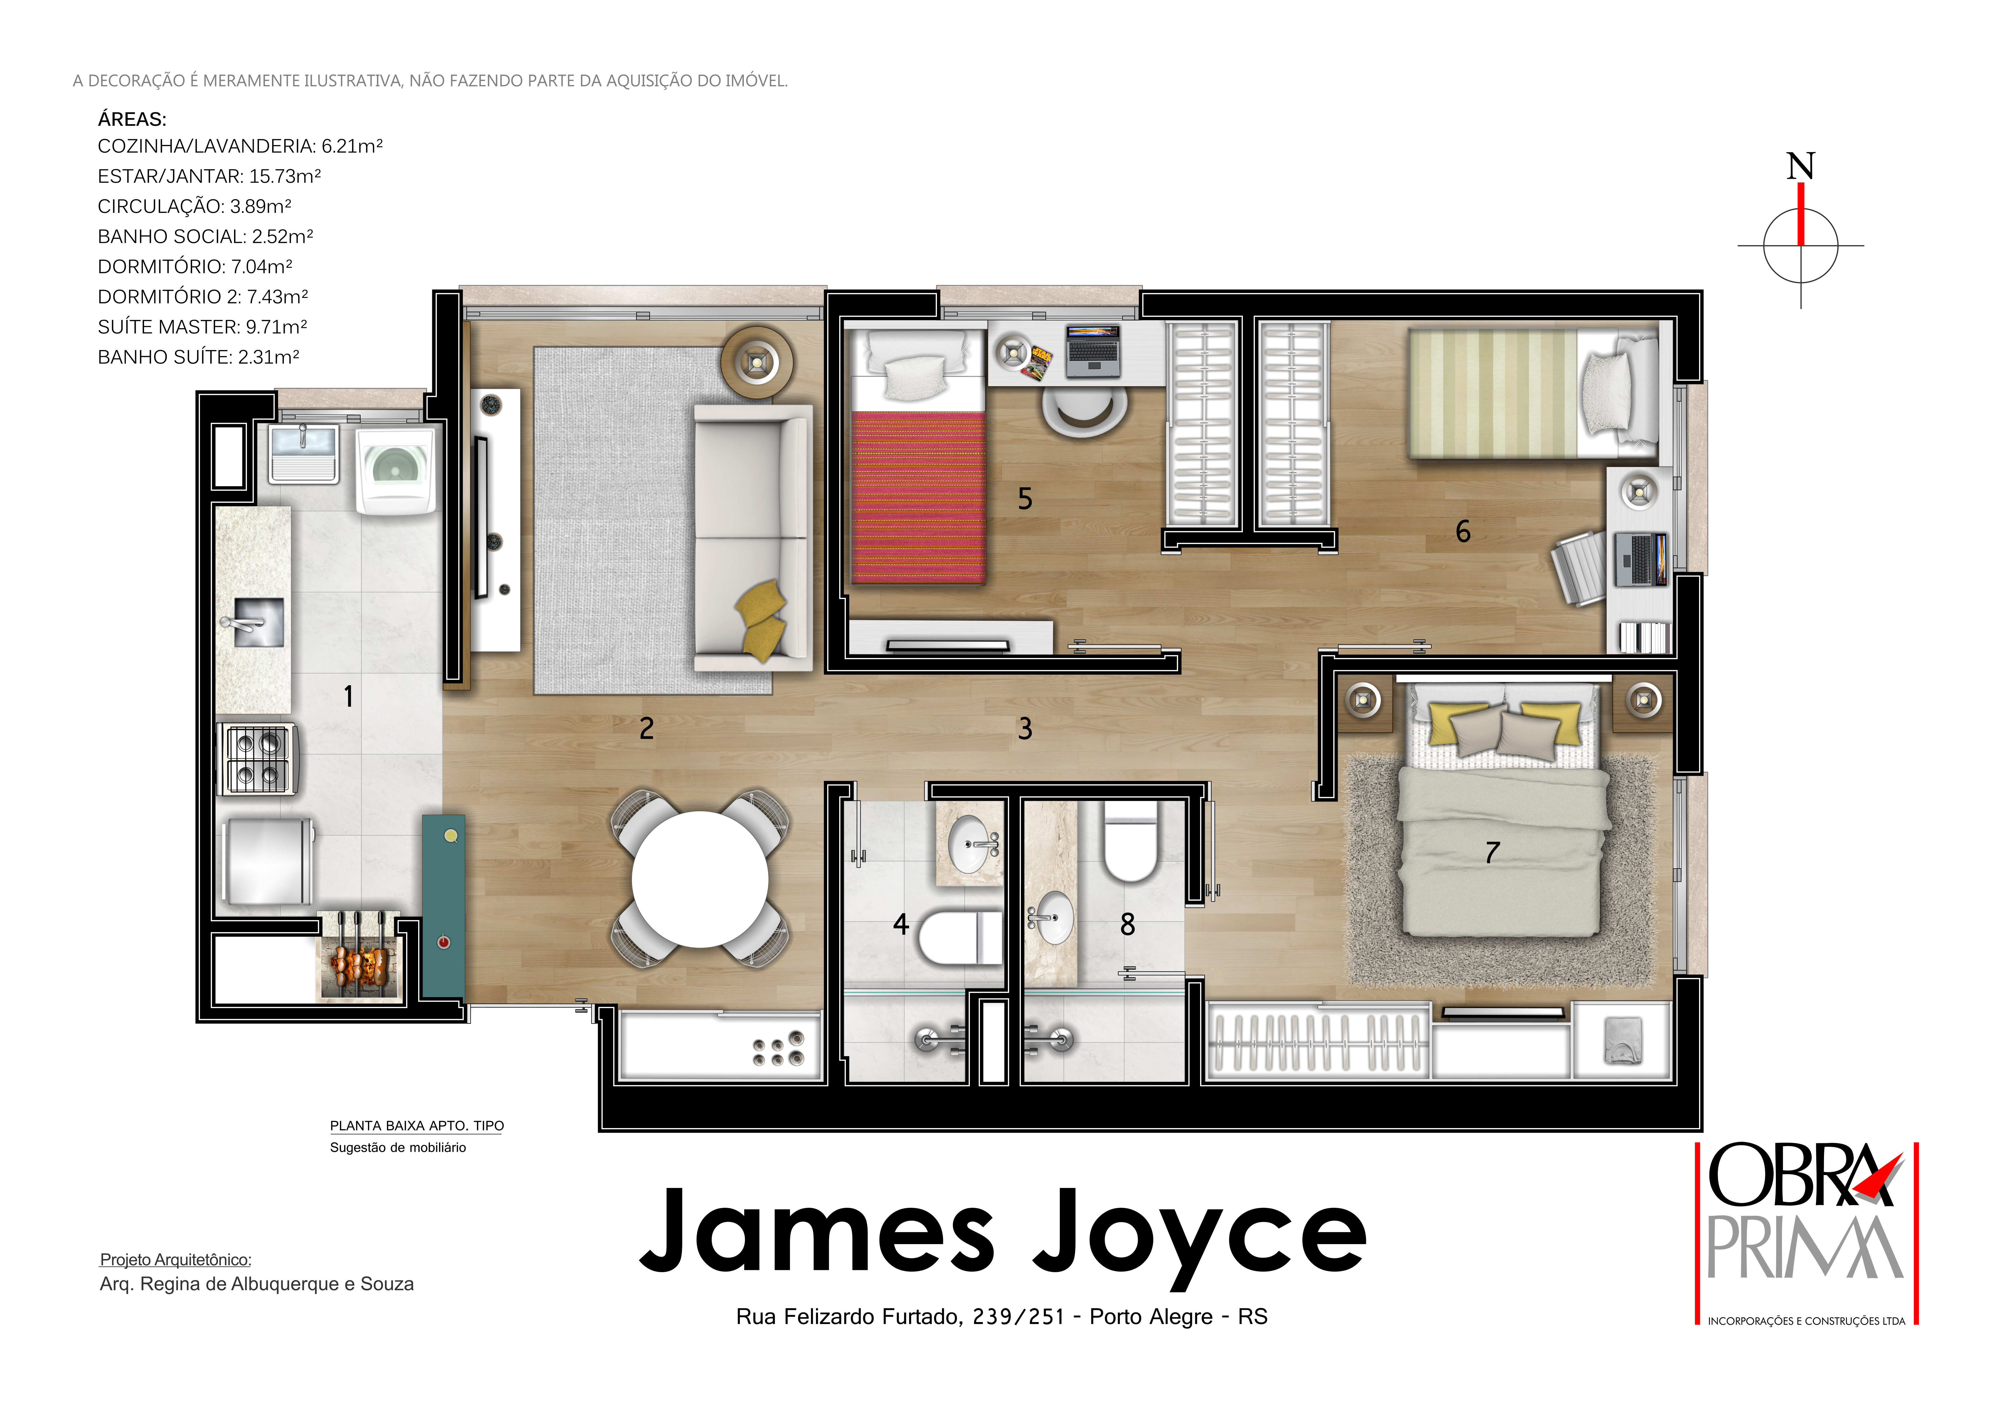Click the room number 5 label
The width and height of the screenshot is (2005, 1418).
[1025, 498]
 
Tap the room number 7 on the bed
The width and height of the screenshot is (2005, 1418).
[1492, 852]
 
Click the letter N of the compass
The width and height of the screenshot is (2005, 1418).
[1801, 166]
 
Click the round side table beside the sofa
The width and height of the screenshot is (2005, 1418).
[757, 362]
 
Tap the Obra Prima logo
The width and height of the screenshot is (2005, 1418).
[1806, 1233]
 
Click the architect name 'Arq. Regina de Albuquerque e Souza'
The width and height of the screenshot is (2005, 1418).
[257, 1284]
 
